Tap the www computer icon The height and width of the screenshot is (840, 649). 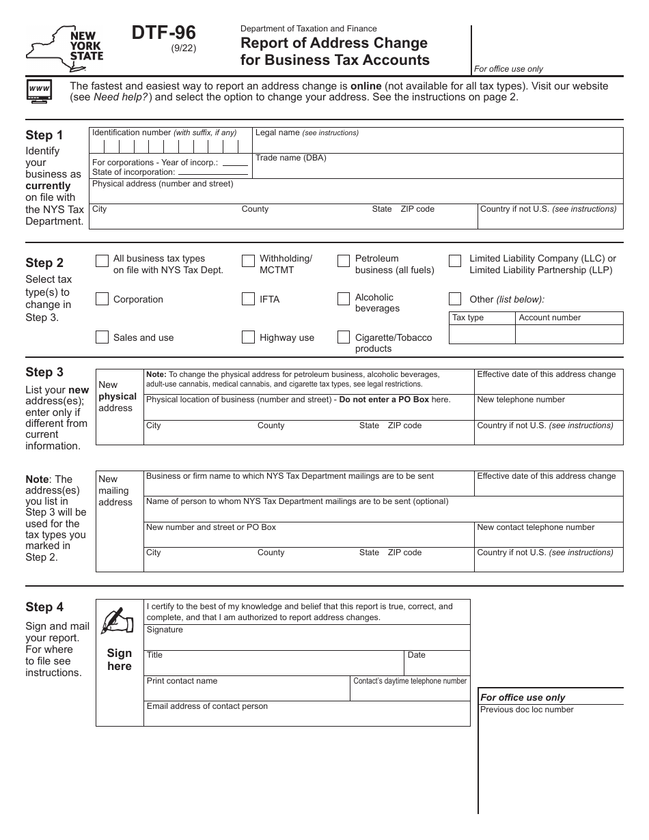39,91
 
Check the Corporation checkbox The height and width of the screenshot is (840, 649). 102,299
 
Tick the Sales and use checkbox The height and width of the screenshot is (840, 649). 102,337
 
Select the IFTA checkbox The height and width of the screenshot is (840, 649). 248,299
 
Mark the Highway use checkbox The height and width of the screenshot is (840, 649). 248,337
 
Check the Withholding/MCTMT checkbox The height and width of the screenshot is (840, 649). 248,261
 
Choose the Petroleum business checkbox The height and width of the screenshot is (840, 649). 344,261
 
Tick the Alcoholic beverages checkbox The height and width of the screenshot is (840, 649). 344,299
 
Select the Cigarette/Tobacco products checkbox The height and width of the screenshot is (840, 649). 344,337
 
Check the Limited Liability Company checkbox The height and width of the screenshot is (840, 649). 455,261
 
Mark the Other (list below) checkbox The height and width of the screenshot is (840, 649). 455,299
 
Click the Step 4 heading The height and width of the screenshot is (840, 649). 44,607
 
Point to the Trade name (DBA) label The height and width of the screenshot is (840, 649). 290,158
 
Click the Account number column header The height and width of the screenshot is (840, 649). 549,318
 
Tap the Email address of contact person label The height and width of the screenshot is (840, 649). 207,706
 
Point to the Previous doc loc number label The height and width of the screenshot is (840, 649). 527,710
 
